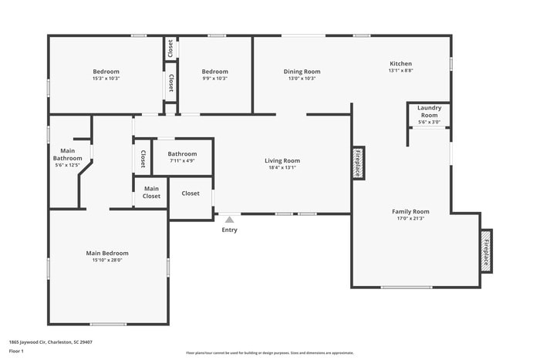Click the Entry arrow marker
(x=229, y=220)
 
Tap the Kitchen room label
(x=400, y=64)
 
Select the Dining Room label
(x=302, y=72)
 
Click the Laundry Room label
(x=429, y=111)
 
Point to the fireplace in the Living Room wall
(x=358, y=163)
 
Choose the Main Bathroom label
(x=67, y=154)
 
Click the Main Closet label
(x=151, y=192)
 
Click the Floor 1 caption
(x=16, y=351)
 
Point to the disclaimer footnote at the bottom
(x=269, y=352)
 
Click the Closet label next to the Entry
(x=191, y=193)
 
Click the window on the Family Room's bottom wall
(x=406, y=288)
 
